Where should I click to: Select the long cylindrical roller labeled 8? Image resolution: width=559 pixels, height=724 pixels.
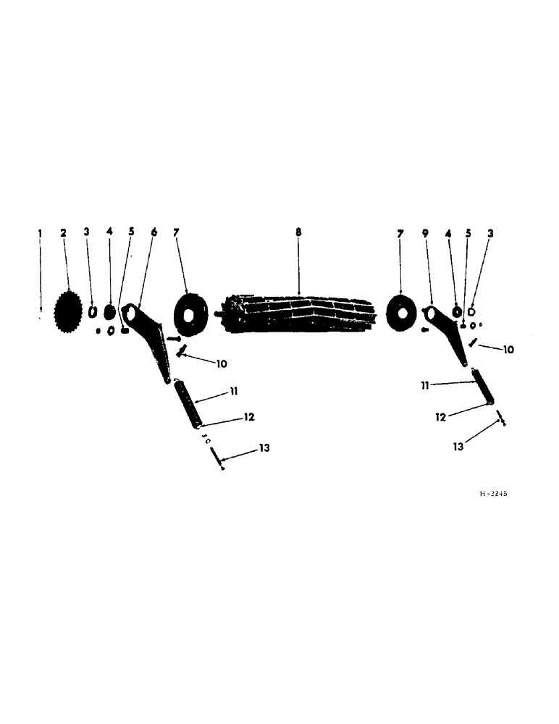(299, 314)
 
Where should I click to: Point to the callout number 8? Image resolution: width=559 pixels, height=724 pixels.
(298, 232)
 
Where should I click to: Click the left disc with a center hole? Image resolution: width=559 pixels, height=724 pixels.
(191, 316)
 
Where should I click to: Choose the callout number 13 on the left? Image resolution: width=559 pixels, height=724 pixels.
(265, 449)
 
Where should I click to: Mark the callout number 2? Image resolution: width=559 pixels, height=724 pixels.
(63, 232)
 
